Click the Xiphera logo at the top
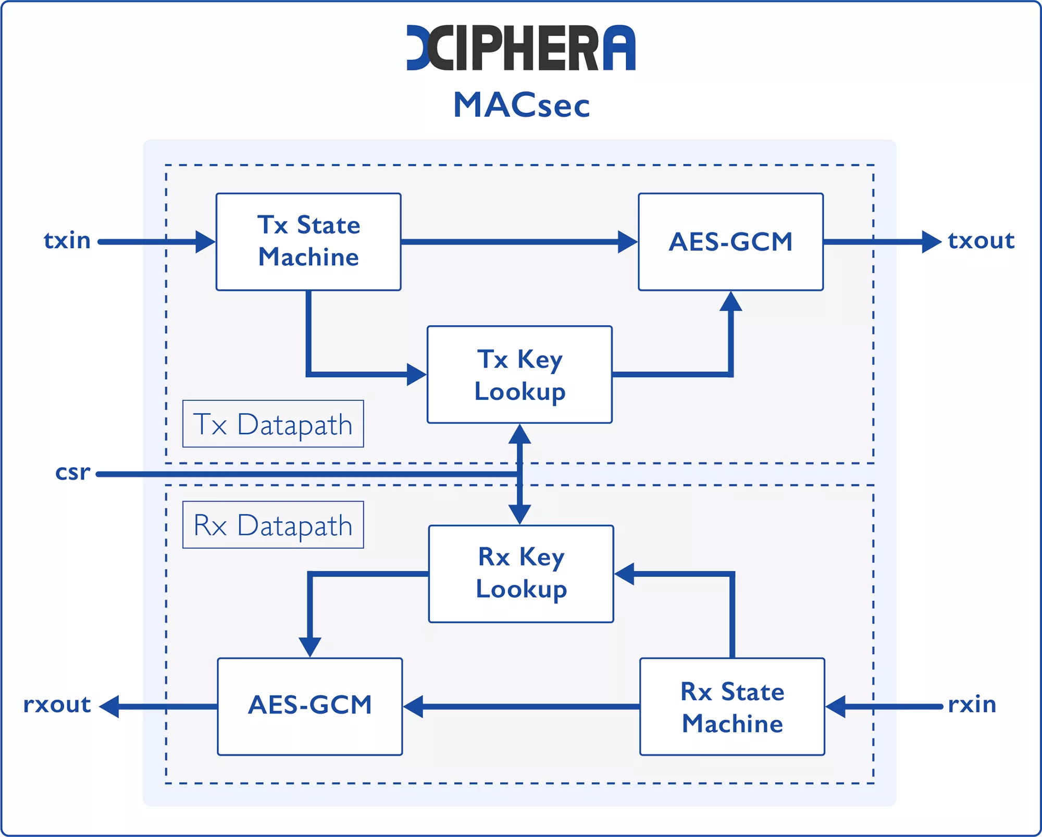[x=521, y=47]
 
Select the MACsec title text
[x=522, y=105]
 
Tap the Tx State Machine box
[x=308, y=242]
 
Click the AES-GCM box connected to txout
[x=730, y=242]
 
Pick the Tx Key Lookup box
[x=519, y=375]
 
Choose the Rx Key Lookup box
[x=521, y=574]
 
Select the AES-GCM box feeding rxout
[x=310, y=707]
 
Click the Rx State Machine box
[x=732, y=707]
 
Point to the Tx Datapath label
[x=273, y=424]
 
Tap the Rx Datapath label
[x=273, y=525]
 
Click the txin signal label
[x=67, y=240]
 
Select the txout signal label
[x=981, y=240]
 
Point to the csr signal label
[x=73, y=472]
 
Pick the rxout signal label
[x=57, y=705]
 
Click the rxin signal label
[x=972, y=705]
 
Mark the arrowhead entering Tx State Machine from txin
[x=205, y=242]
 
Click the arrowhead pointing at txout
[x=932, y=242]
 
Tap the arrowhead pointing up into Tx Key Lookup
[x=519, y=434]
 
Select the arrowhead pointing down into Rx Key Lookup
[x=519, y=514]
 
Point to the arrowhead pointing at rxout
[x=109, y=707]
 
